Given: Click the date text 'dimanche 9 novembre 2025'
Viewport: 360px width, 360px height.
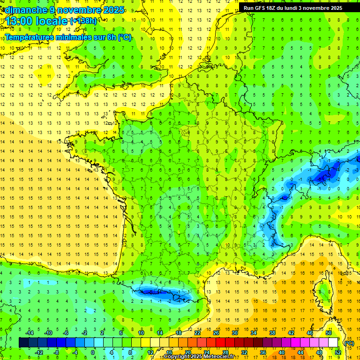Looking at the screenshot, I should pos(63,10).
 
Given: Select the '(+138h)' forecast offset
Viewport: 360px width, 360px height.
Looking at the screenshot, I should pos(83,21).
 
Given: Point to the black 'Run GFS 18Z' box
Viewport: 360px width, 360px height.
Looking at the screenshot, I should pos(292,7).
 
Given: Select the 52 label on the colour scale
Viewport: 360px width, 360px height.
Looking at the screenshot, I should pos(338,352).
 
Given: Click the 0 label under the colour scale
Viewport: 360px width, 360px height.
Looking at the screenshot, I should pos(93,352).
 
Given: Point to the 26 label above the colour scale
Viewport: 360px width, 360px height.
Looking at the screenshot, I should pos(216,333).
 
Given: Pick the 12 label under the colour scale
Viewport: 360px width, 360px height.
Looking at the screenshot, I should pos(150,352).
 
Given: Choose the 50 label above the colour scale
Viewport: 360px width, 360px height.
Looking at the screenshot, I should pos(329,333).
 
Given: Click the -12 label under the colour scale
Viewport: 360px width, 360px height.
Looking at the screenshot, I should pos(39,352).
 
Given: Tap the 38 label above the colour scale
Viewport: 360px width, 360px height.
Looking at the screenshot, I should pos(272,333).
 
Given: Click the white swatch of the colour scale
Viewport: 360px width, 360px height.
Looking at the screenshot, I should pos(333,343).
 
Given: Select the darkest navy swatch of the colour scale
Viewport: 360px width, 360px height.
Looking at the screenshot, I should pos(23,343).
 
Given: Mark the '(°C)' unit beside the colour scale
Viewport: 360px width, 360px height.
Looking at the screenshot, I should pos(349,343).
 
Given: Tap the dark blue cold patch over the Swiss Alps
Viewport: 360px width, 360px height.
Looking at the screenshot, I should pos(323,176).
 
